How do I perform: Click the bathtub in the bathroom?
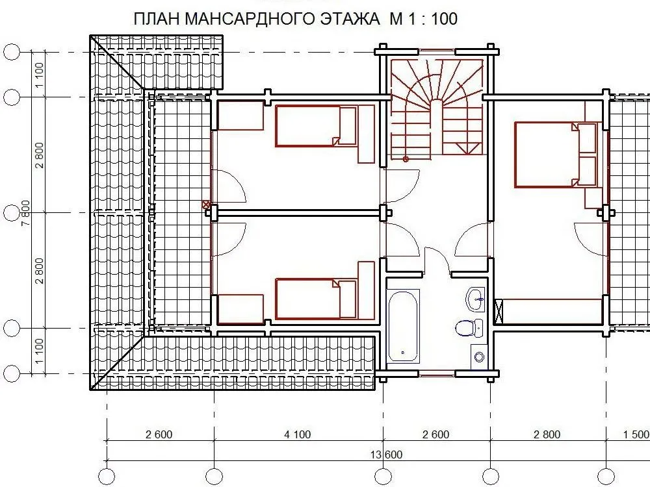pos(403,327)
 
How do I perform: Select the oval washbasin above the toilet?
pos(476,298)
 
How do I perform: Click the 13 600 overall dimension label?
pos(386,455)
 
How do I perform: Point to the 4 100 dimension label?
pos(297,434)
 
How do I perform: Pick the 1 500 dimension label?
pos(636,434)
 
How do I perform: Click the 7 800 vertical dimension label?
pos(26,213)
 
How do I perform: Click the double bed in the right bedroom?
pos(556,155)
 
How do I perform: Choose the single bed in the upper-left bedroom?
pos(316,126)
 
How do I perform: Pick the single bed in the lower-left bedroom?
pos(316,299)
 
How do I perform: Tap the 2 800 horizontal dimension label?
pos(547,434)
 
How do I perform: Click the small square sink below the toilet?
pos(479,356)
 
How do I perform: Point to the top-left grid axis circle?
pos(12,53)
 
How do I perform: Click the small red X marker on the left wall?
pos(205,204)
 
